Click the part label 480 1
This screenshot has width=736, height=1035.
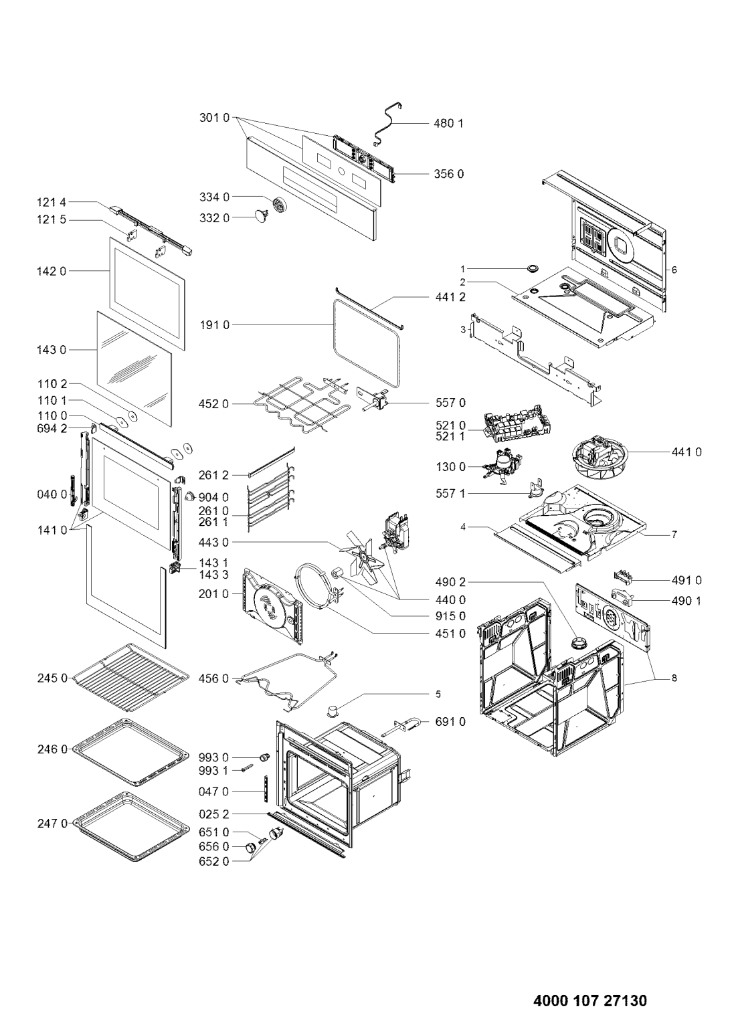(x=448, y=123)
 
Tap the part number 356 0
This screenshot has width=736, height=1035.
(x=448, y=174)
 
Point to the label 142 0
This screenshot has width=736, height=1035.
(x=52, y=271)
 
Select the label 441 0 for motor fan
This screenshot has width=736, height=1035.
(x=686, y=452)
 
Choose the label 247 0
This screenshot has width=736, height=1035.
(x=52, y=823)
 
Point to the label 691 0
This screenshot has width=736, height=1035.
(x=450, y=722)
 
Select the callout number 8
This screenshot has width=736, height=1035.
(x=674, y=678)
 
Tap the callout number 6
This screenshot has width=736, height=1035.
(x=674, y=270)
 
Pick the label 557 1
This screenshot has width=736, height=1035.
(x=450, y=494)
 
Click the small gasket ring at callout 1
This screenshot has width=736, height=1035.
(x=533, y=268)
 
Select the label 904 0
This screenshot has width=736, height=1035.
(x=213, y=498)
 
